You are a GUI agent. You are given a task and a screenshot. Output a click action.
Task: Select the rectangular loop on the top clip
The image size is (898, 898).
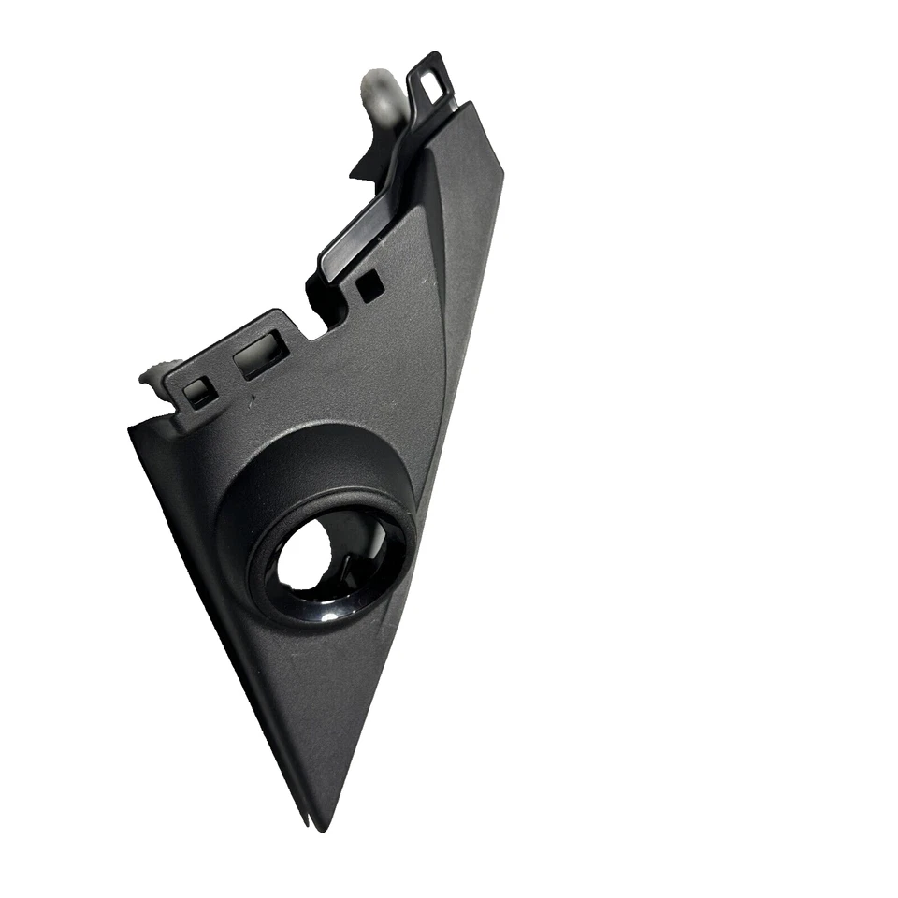pyautogui.click(x=432, y=80)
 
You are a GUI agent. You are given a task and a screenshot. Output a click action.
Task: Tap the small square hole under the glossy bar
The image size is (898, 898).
pyautogui.click(x=369, y=286)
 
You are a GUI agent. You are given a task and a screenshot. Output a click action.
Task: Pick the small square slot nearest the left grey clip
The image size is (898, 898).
pyautogui.click(x=199, y=392)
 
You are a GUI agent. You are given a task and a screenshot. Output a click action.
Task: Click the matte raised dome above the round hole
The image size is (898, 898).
pyautogui.click(x=309, y=458)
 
